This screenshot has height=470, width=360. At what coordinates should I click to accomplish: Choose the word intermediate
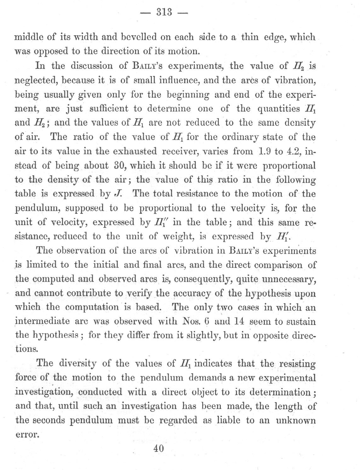pos(42,322)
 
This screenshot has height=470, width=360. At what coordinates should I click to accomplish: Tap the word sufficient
pos(109,109)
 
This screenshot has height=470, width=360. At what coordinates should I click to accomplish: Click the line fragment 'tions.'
pos(26,349)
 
